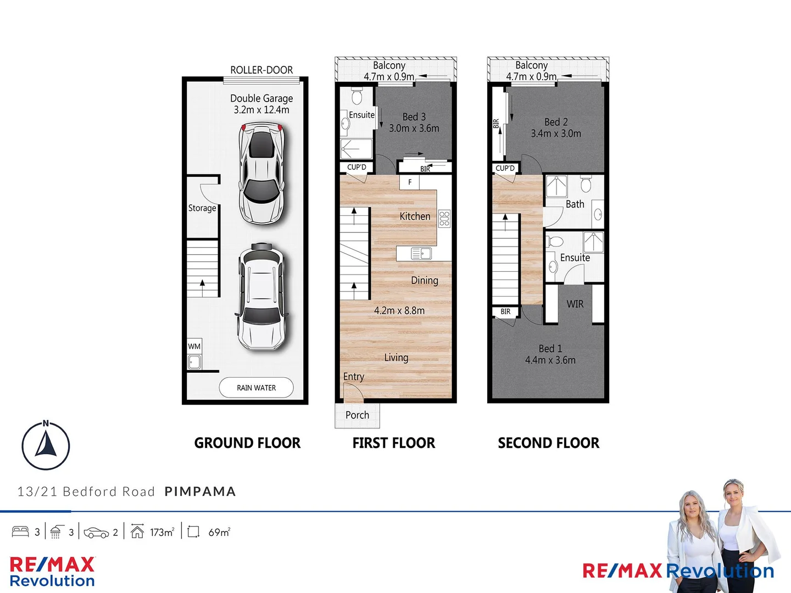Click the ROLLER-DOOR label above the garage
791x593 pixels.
pyautogui.click(x=261, y=70)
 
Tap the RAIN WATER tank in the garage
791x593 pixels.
pyautogui.click(x=256, y=388)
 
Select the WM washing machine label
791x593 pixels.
pyautogui.click(x=194, y=346)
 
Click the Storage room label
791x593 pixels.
pyautogui.click(x=202, y=208)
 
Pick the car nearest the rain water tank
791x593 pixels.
pyautogui.click(x=262, y=297)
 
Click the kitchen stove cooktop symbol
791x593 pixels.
pyautogui.click(x=444, y=219)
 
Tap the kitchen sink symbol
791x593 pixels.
pyautogui.click(x=421, y=253)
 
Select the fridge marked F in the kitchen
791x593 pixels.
pyautogui.click(x=410, y=182)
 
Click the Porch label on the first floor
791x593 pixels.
pyautogui.click(x=357, y=415)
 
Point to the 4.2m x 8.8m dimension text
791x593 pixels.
pyautogui.click(x=399, y=311)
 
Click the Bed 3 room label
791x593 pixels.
pyautogui.click(x=414, y=117)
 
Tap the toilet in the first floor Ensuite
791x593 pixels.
pyautogui.click(x=357, y=97)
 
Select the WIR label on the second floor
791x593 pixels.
pyautogui.click(x=575, y=304)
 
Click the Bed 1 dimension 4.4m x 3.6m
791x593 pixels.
pyautogui.click(x=550, y=360)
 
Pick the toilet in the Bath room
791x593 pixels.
pyautogui.click(x=586, y=184)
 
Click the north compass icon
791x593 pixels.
pyautogui.click(x=46, y=445)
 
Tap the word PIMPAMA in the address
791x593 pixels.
pyautogui.click(x=200, y=491)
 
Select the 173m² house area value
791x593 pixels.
pyautogui.click(x=162, y=532)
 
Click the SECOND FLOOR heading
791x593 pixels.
pyautogui.click(x=548, y=443)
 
